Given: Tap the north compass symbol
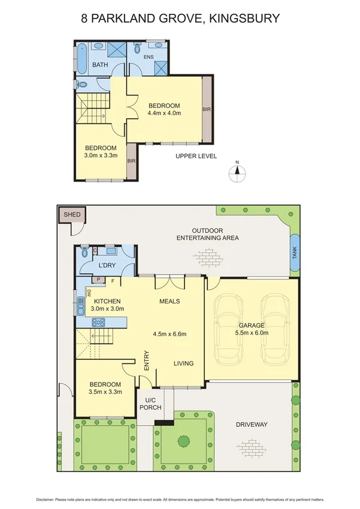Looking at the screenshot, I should coord(237,170).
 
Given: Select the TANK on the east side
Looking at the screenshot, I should coord(294,254).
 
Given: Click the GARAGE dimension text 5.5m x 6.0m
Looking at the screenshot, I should coord(252,333).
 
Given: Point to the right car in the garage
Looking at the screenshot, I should coord(277,329).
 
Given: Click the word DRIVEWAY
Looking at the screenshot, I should coord(250,424).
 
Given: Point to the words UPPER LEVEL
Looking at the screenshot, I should coord(196,156).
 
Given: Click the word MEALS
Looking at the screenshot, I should coord(170,301).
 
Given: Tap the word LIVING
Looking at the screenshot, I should coord(184,363).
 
